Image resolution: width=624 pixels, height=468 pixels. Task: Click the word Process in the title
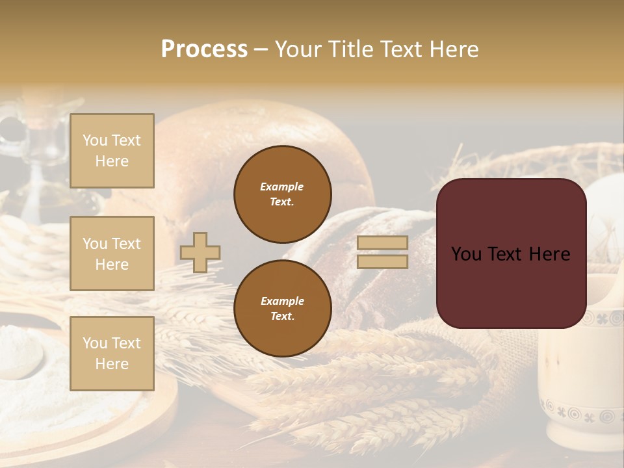204,49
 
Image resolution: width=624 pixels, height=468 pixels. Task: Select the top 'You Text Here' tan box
112,151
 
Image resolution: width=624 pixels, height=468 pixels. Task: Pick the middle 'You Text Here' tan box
112,253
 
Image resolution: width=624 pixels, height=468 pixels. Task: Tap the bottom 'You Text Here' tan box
112,354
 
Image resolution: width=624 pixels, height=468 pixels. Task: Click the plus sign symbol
200,252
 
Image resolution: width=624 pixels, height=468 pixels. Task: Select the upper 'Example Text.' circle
282,194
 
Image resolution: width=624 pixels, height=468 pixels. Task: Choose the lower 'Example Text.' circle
282,309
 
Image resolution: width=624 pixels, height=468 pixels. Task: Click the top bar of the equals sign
382,243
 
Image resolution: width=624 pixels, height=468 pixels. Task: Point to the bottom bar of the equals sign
382,262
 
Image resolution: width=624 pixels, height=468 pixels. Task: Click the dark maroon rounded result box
511,286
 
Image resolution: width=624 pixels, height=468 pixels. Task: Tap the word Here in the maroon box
549,254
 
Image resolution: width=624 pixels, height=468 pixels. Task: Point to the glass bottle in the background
29,162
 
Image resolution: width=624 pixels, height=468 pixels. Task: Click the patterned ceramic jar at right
578,364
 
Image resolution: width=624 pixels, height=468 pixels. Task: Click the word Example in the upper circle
282,187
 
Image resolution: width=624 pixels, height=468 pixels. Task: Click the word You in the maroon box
465,254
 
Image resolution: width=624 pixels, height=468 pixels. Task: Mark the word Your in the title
300,49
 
